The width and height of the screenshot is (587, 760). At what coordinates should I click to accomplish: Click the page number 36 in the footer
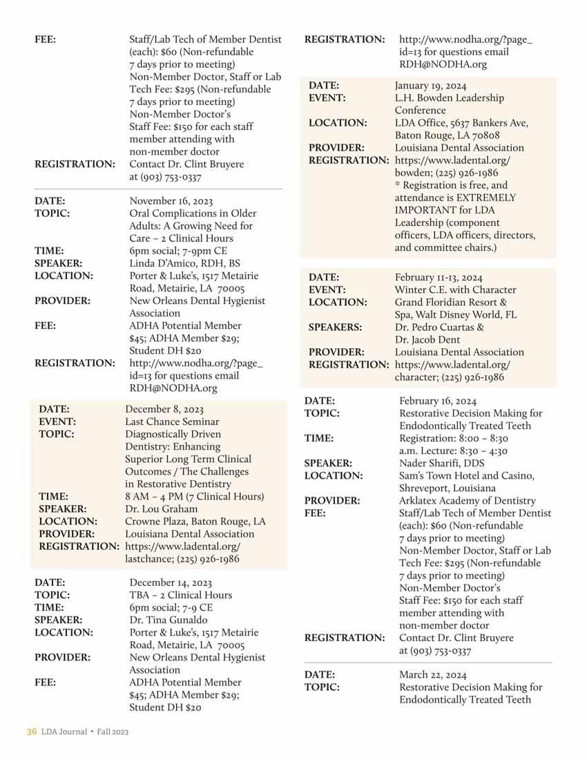pyautogui.click(x=31, y=732)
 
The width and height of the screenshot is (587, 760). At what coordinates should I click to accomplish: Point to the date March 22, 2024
pyautogui.click(x=432, y=675)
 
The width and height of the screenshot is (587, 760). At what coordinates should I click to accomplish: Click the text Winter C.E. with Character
pyautogui.click(x=455, y=290)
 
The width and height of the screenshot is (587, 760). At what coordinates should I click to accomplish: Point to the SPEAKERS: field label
pyautogui.click(x=338, y=327)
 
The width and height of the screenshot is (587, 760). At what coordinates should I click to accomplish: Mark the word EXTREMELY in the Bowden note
pyautogui.click(x=483, y=198)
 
